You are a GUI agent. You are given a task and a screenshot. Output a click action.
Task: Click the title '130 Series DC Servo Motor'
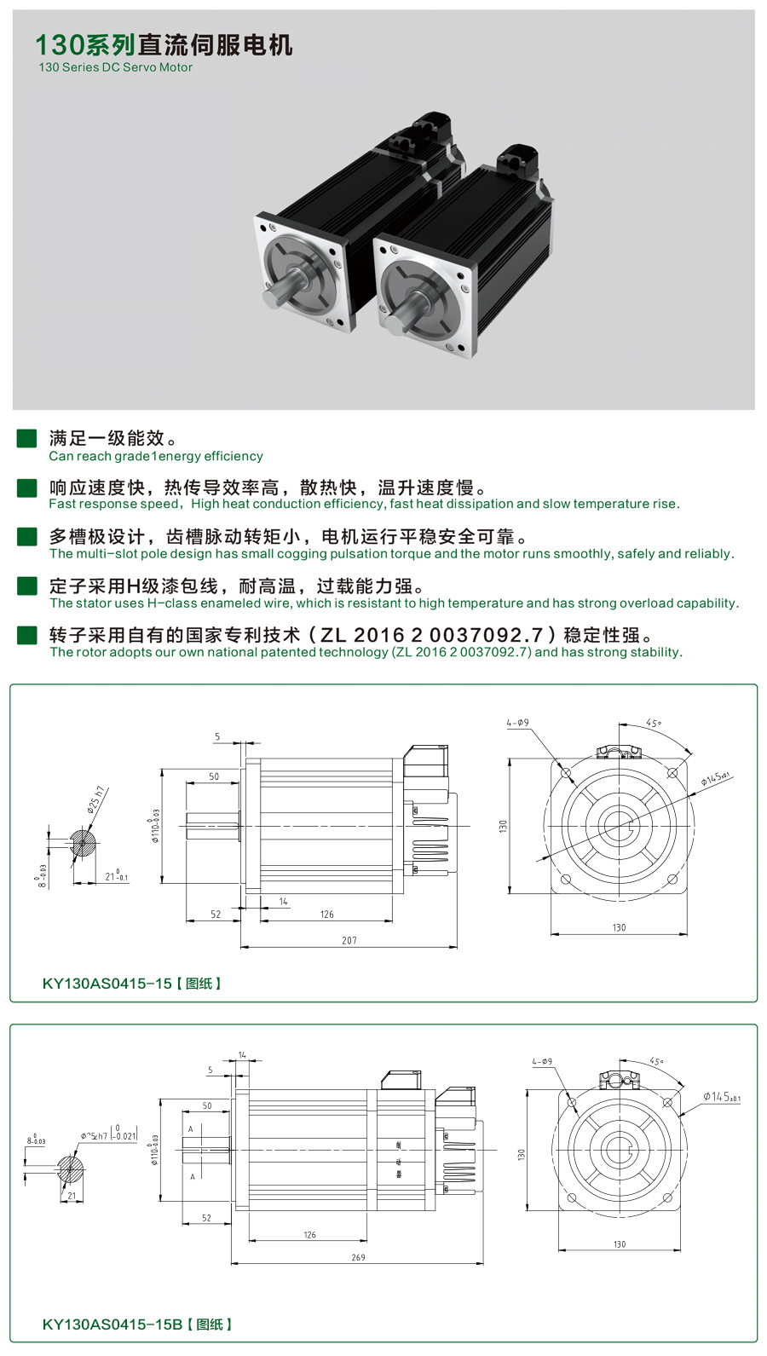[115, 67]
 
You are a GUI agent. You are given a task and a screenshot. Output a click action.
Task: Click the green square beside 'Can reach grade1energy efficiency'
[27, 438]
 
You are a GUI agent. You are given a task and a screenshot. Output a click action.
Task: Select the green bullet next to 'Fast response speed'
[27, 488]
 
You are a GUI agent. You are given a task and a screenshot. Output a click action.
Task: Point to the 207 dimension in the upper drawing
[349, 940]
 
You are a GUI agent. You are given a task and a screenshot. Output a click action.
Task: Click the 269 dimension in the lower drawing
[358, 1257]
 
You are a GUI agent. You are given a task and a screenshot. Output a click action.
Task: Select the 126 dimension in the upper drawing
[327, 915]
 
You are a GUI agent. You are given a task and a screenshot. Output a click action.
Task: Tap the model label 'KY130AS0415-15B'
[112, 1324]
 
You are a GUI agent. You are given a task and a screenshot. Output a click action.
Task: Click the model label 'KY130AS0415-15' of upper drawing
[107, 984]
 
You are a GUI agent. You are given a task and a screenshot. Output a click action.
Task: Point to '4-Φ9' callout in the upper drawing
[517, 723]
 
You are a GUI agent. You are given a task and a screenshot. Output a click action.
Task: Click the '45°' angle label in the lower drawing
[656, 1062]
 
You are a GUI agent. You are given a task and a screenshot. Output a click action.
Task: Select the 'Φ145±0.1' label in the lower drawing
[721, 1097]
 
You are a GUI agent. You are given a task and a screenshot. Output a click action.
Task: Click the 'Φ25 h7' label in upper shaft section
[95, 799]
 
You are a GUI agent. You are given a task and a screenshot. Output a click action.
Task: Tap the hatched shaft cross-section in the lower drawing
[71, 1168]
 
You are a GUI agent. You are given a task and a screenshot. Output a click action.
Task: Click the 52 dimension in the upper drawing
[216, 915]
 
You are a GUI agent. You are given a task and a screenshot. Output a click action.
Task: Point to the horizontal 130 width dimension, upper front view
[619, 927]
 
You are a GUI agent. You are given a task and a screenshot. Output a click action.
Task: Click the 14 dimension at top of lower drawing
[242, 1055]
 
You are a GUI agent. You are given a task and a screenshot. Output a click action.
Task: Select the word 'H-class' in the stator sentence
[173, 603]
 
